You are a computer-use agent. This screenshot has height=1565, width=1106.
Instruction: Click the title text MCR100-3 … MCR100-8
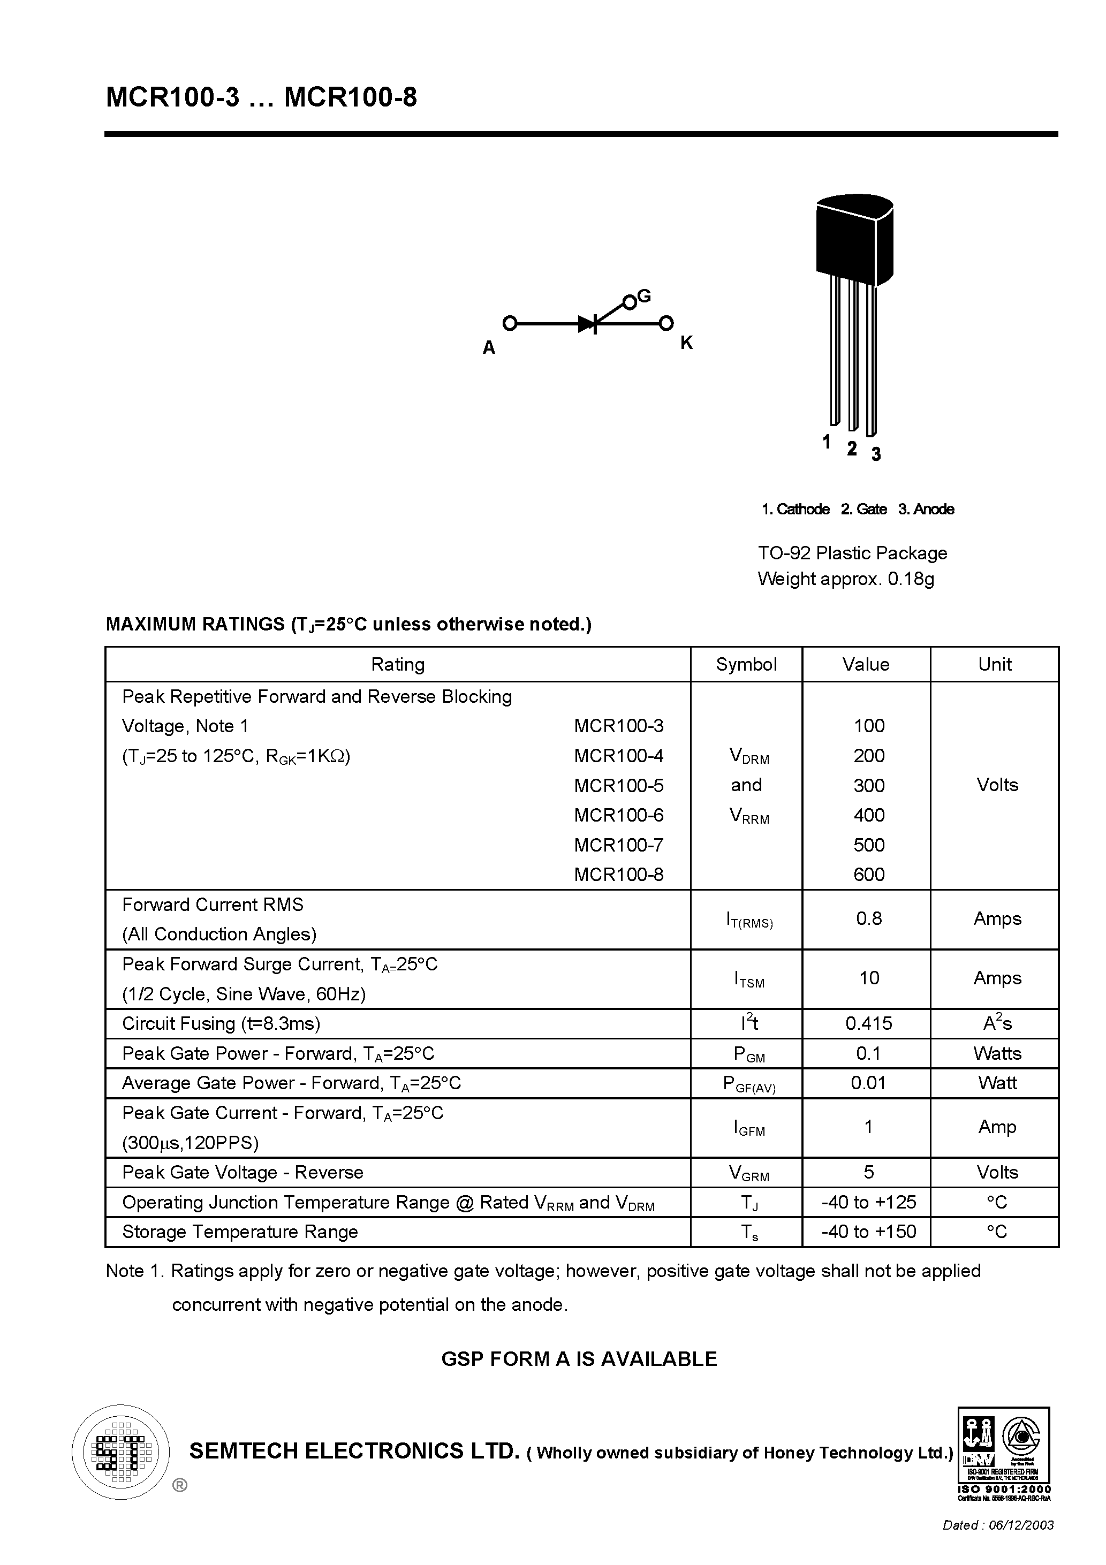(261, 98)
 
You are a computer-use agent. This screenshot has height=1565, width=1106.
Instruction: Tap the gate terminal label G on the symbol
(643, 296)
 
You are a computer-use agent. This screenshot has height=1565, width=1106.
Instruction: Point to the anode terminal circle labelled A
(509, 323)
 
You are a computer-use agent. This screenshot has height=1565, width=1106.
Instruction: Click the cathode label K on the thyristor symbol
(686, 343)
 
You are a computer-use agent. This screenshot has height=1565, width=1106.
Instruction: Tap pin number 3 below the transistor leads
(876, 454)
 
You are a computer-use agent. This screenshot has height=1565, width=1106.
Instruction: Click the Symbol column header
(746, 665)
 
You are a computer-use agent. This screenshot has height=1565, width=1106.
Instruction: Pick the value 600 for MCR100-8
(869, 875)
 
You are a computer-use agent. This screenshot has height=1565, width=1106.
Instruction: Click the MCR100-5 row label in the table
(618, 785)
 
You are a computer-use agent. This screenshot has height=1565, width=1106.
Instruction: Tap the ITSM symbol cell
(749, 979)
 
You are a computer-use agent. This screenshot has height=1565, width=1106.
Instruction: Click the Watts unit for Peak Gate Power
(997, 1053)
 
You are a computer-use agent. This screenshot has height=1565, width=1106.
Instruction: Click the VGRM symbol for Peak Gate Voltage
(749, 1173)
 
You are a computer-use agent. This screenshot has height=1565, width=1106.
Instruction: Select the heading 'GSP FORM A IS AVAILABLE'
(579, 1359)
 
